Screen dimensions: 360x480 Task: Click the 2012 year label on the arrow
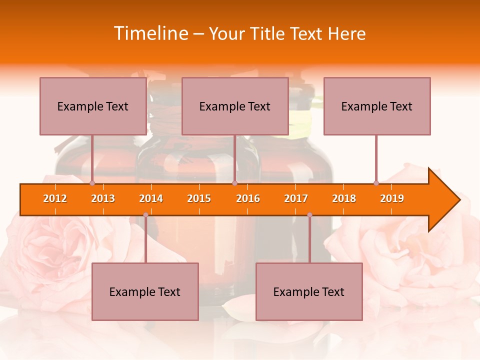click(55, 199)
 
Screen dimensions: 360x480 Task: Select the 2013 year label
click(103, 199)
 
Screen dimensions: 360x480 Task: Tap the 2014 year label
click(151, 199)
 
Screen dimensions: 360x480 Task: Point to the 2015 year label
click(199, 199)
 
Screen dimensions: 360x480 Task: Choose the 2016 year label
click(248, 199)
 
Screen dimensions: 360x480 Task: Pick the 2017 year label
click(296, 199)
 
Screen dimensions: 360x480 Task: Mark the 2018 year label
click(344, 199)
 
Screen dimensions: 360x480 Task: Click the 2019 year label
click(392, 199)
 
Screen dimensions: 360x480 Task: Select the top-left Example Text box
click(93, 106)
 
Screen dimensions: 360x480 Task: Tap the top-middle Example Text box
click(235, 106)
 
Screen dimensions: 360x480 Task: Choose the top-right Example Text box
click(377, 106)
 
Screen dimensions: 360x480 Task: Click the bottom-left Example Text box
click(145, 292)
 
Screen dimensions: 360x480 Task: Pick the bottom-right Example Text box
click(309, 292)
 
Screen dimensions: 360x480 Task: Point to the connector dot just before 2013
click(92, 183)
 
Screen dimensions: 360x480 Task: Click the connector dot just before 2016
click(234, 183)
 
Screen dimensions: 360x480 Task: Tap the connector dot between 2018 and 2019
click(376, 183)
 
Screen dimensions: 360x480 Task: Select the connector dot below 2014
click(145, 215)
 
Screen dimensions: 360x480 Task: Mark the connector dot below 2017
click(309, 215)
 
